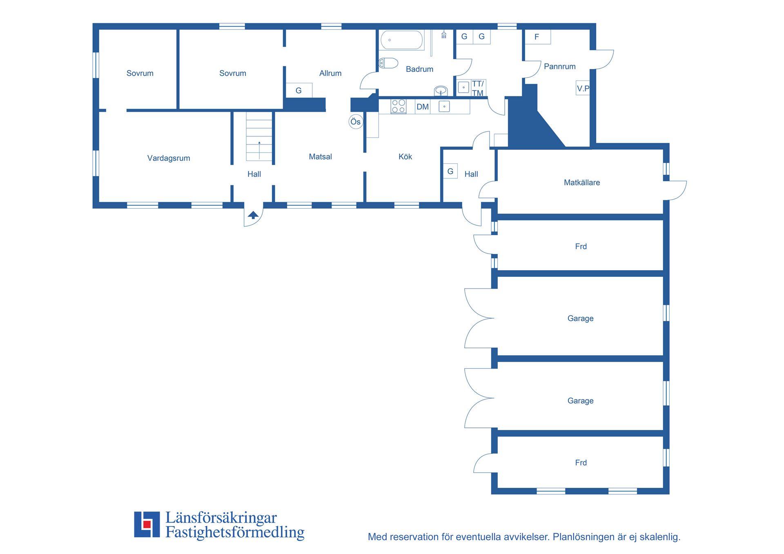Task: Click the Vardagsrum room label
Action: pos(169,158)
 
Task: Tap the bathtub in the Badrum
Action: pos(402,40)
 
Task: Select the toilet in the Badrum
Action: pos(388,63)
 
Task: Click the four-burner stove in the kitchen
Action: pos(399,107)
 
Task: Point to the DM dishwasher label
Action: pos(423,107)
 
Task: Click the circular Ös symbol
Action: pos(356,122)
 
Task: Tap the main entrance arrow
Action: pos(253,215)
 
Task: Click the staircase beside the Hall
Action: pos(259,136)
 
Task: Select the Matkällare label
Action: pos(582,182)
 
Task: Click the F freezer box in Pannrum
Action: pos(538,37)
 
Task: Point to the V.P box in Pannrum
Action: pos(583,88)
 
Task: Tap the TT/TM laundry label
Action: pos(478,88)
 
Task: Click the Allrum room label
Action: pos(330,73)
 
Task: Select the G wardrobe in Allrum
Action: pos(299,90)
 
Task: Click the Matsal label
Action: pos(320,156)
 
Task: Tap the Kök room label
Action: pos(405,156)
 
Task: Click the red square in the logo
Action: pos(147,524)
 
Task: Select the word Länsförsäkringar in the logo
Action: pos(221,518)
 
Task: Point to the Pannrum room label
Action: pos(560,66)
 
